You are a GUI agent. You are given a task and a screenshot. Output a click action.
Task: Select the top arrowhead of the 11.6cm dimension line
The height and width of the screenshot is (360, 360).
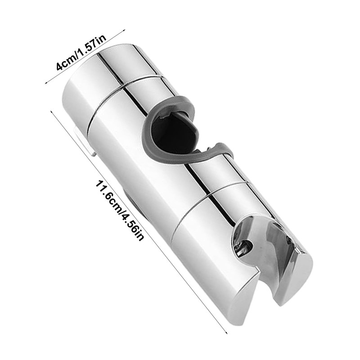(x=51, y=112)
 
